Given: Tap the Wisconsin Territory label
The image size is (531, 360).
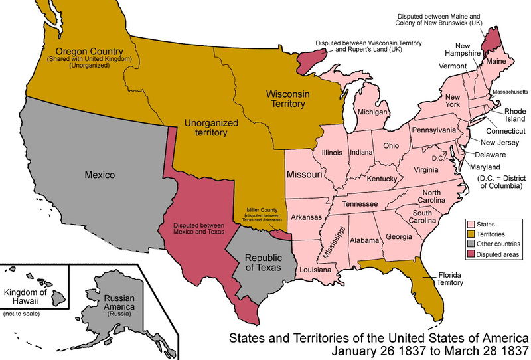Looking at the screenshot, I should (286, 99).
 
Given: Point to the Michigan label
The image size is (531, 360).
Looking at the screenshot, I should (372, 112).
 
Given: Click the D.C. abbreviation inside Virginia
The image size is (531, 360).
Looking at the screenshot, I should (437, 158).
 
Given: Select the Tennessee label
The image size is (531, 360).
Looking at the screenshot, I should (360, 203).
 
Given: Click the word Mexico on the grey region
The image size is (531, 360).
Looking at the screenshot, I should (100, 175).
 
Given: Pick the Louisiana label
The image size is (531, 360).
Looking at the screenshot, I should (315, 270).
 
